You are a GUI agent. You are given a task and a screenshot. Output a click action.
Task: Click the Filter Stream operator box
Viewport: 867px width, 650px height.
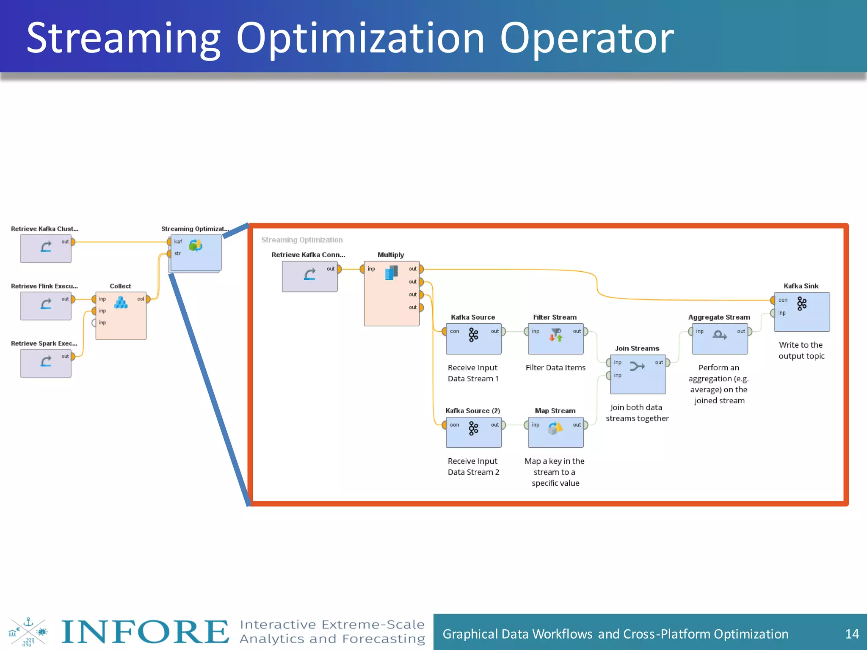coord(555,339)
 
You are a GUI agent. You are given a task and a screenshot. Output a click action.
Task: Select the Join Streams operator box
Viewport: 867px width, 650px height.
coord(638,374)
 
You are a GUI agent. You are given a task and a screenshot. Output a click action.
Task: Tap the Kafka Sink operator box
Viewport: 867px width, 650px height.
coord(802,312)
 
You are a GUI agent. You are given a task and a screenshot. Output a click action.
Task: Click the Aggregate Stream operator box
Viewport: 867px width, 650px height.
coord(720,339)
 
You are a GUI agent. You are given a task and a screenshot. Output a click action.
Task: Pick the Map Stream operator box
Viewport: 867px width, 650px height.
coord(555,432)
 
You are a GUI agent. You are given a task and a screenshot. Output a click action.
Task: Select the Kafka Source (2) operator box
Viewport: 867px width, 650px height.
coord(473,432)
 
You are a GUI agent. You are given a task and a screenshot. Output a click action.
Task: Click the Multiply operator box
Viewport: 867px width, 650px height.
coord(392,293)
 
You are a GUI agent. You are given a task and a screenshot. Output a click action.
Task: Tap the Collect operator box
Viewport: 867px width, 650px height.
coord(121,316)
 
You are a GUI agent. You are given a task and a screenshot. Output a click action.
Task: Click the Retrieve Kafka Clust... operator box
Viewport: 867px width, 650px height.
coord(46,248)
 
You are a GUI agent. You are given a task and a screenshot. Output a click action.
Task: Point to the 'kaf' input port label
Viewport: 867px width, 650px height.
coord(178,242)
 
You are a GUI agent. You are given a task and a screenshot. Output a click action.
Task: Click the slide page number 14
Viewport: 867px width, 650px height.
coord(851,633)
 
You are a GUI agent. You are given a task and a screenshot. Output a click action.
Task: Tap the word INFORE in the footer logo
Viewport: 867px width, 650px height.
coord(145,632)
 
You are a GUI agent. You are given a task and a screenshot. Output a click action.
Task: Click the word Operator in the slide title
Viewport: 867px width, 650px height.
coord(587,39)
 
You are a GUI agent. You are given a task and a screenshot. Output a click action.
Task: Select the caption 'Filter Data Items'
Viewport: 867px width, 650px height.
coord(555,368)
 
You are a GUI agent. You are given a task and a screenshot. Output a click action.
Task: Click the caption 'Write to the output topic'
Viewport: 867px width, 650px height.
coord(801,350)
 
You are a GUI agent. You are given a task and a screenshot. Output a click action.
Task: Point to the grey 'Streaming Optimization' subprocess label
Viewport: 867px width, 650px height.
coord(302,240)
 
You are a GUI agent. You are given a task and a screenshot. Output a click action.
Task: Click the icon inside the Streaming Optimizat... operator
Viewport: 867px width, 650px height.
coord(196,245)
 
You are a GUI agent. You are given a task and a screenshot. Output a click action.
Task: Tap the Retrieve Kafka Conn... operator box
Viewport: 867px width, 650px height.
coord(309,276)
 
